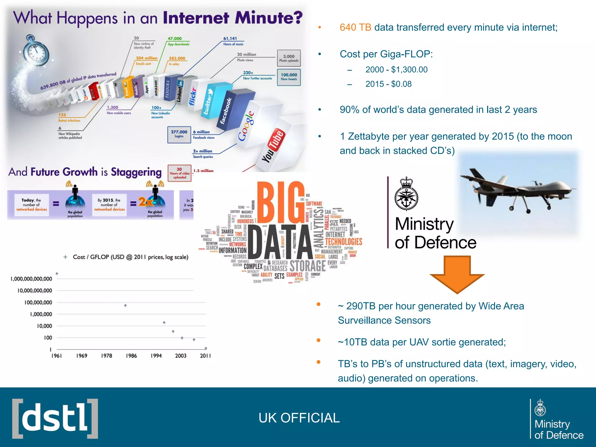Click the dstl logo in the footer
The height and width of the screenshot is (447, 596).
click(x=55, y=418)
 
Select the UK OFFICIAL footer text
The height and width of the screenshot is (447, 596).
click(x=299, y=418)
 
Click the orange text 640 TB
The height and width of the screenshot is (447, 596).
click(x=355, y=27)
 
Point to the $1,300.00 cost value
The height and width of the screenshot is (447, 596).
click(x=409, y=70)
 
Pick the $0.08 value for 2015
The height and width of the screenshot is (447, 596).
click(x=401, y=84)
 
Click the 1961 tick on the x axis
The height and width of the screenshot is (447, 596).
click(x=56, y=356)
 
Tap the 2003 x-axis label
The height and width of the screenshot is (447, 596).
click(x=180, y=356)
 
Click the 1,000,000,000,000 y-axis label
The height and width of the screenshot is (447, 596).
click(x=31, y=279)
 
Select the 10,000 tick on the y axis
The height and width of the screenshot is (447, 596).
click(x=45, y=326)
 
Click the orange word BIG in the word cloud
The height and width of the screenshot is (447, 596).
click(x=281, y=202)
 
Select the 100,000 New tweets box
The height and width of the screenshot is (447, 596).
click(x=289, y=77)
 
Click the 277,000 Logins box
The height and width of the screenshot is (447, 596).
click(x=179, y=134)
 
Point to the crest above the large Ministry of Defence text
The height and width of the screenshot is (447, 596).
click(x=406, y=194)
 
